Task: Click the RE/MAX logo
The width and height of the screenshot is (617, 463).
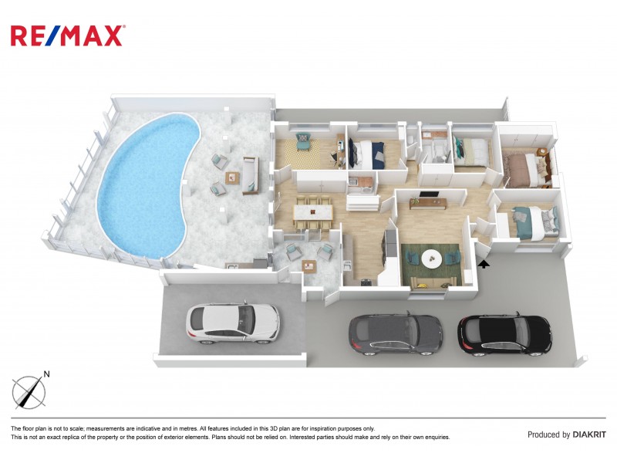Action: [67, 35]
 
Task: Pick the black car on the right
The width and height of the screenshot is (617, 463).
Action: [504, 333]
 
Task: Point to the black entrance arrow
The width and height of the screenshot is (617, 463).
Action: [484, 265]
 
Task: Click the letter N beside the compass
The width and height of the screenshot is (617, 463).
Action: [46, 375]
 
